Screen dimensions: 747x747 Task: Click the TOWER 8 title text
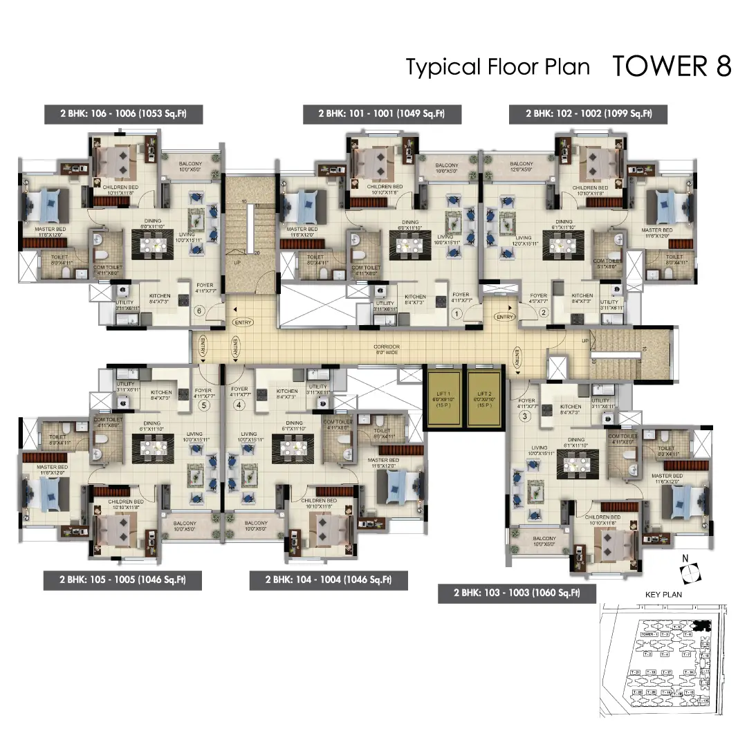coord(671,66)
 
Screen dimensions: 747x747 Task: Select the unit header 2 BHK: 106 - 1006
coord(122,113)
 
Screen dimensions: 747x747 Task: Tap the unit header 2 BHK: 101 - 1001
coord(382,113)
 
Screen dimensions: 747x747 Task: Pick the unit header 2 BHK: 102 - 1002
coord(588,113)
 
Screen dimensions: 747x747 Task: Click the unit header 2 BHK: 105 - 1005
coord(122,580)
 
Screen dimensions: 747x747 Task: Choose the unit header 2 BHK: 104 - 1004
coord(329,580)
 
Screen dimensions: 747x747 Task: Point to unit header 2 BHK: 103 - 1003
coord(517,593)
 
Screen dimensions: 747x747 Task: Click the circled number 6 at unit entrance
coord(200,312)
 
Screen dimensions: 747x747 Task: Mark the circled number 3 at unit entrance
coord(526,416)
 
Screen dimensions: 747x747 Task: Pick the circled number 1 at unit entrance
coord(456,313)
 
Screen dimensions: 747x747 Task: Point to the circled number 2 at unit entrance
coord(544,313)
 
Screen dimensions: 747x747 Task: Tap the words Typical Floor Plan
coord(497,67)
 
